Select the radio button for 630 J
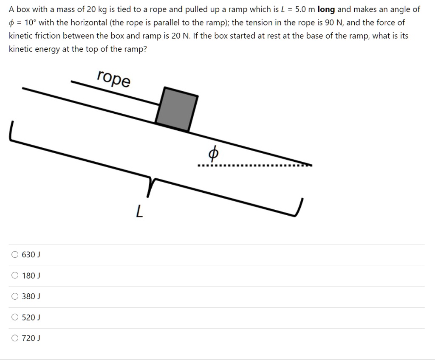[x=15, y=255]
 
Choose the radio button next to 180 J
[x=15, y=276]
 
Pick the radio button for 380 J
[x=15, y=296]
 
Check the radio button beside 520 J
[x=15, y=317]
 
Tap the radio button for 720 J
[x=15, y=338]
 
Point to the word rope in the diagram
[x=114, y=79]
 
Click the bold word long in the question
[x=326, y=9]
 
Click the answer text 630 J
[x=31, y=255]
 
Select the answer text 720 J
[x=31, y=338]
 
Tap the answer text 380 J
[x=31, y=296]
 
